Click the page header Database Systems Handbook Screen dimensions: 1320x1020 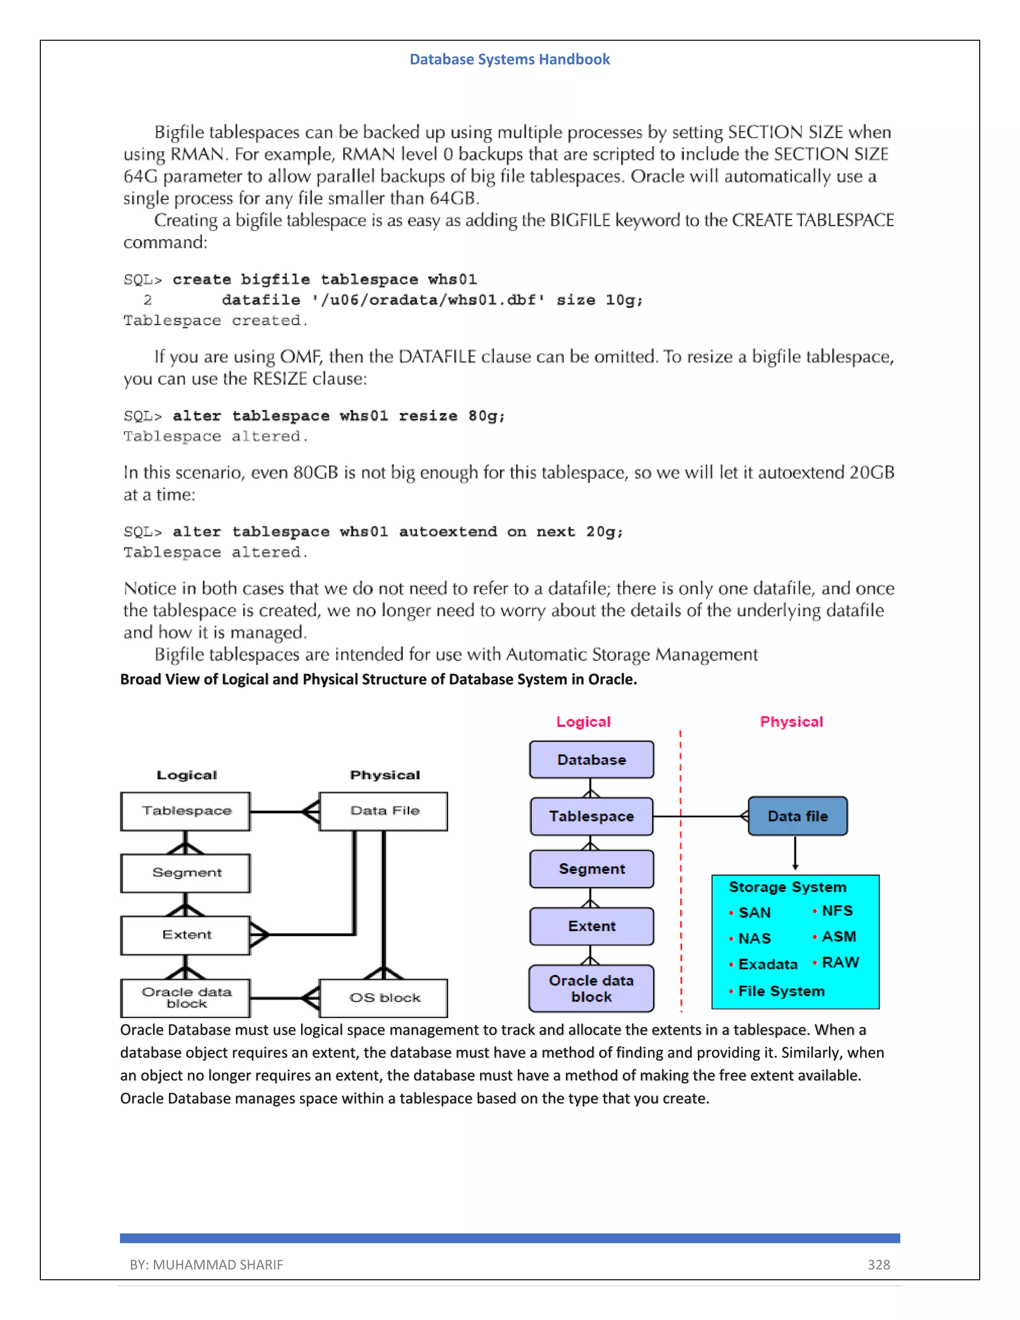[510, 59]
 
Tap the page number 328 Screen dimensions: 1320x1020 [879, 1264]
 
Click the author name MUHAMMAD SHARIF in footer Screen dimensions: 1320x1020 [218, 1264]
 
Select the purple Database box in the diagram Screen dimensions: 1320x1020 [591, 760]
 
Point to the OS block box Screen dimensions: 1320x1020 [383, 997]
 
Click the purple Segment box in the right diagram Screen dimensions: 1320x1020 [591, 869]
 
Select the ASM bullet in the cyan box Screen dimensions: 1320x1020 [838, 936]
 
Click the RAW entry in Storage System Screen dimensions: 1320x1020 [840, 962]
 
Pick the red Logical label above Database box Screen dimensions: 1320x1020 [583, 722]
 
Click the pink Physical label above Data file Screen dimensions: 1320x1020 [791, 722]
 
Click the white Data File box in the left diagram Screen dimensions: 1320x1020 [383, 811]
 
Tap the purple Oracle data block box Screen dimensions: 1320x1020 [591, 988]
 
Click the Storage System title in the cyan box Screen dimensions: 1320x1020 [787, 887]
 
